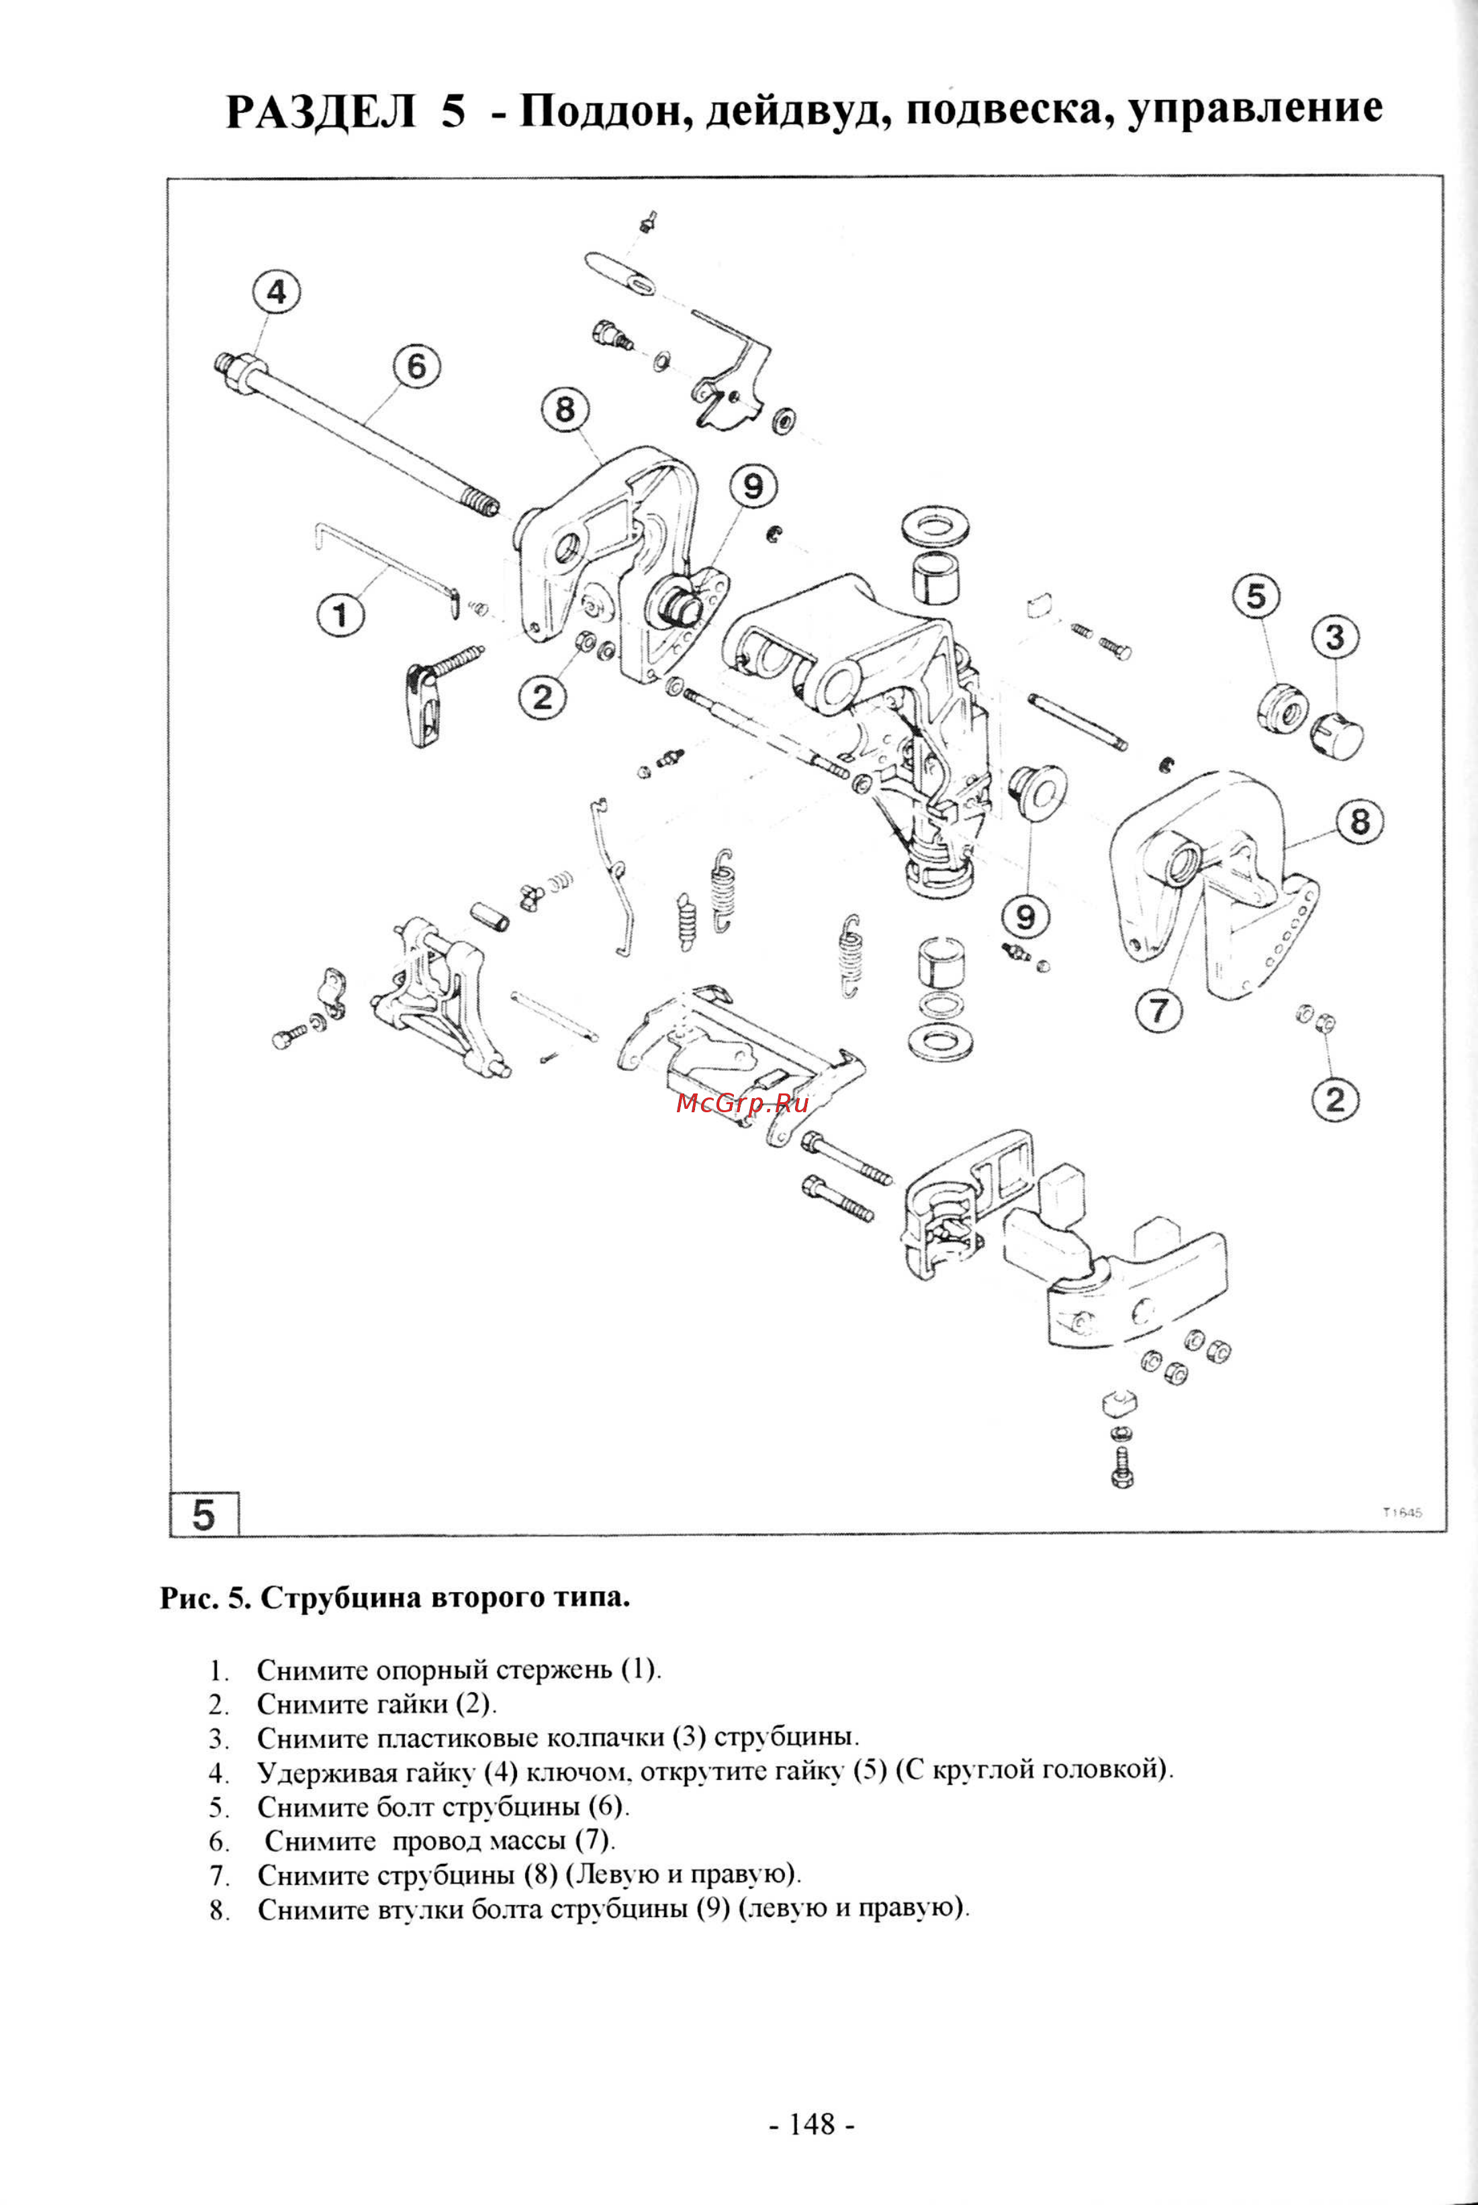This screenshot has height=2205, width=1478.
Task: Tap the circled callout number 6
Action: (x=416, y=366)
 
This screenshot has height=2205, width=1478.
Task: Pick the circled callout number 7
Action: (x=1158, y=1010)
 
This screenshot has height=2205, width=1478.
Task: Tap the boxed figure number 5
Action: (x=203, y=1514)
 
